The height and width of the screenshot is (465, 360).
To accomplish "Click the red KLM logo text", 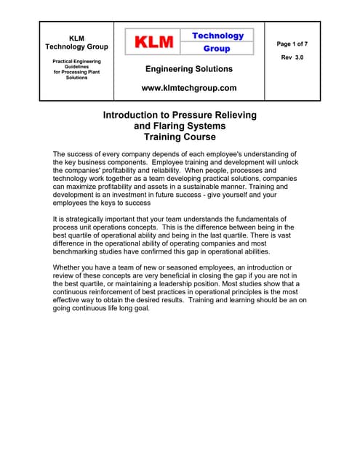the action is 154,42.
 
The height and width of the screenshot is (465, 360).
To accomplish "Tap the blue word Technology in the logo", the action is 217,36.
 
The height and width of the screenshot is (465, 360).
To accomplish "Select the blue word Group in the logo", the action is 217,49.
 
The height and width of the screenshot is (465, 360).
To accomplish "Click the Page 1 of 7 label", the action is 293,44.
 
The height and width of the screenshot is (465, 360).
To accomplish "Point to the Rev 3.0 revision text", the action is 292,57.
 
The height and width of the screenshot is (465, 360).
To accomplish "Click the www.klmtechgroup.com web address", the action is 189,88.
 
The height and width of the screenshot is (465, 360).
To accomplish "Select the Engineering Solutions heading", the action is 189,69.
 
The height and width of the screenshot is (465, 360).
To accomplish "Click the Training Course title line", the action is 180,137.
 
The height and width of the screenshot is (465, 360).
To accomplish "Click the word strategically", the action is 91,219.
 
